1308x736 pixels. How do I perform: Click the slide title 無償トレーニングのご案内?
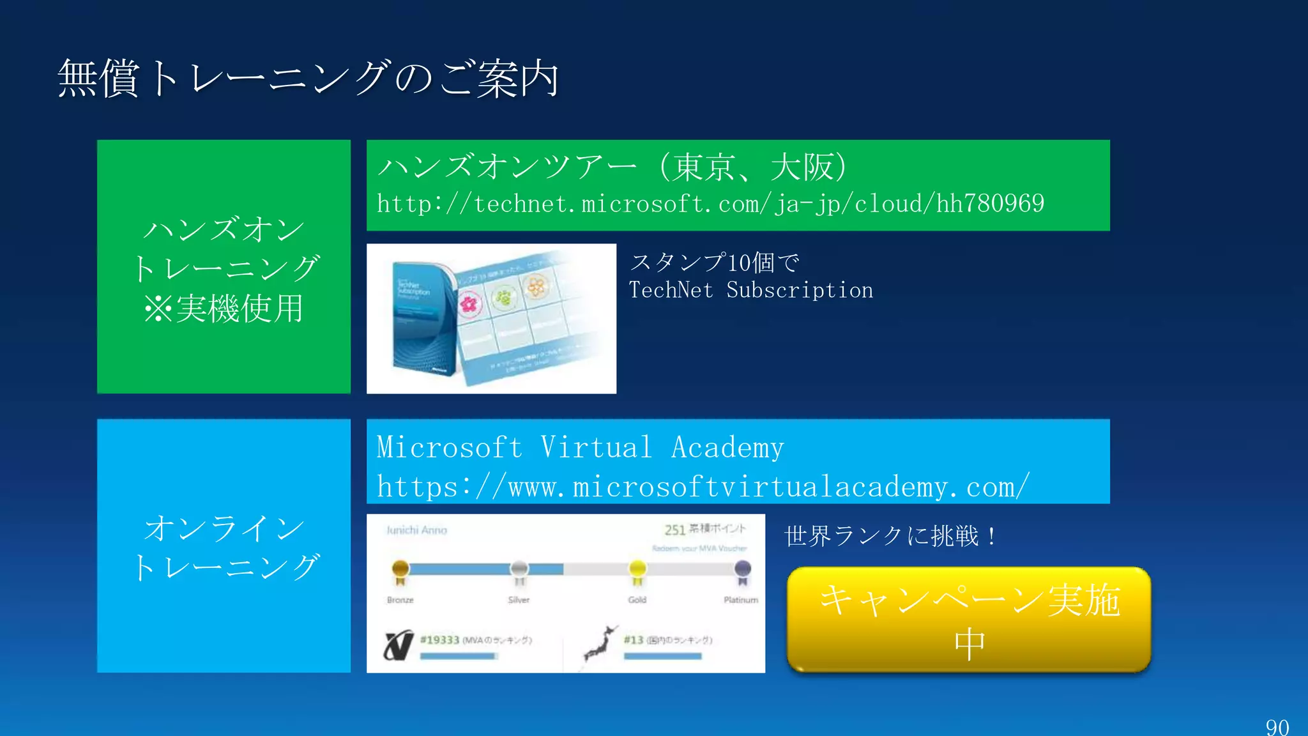point(308,79)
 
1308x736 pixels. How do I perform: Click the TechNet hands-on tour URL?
point(710,204)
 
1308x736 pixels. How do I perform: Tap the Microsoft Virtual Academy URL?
point(703,487)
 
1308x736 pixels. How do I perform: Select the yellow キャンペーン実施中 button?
point(969,620)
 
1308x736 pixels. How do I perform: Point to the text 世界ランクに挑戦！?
point(890,535)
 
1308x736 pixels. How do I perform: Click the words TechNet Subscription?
point(750,290)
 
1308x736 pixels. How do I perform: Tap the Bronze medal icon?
point(400,571)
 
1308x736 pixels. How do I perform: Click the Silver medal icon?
point(519,571)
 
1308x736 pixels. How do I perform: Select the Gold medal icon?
point(637,571)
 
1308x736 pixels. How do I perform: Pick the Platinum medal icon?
point(742,571)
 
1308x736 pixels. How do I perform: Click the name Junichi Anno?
point(416,530)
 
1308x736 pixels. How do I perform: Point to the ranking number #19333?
point(440,640)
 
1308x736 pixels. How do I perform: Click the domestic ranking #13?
point(634,640)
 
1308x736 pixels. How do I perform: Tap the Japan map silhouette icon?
point(600,645)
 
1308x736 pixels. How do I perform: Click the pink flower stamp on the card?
point(469,303)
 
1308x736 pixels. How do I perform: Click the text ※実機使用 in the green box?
point(224,309)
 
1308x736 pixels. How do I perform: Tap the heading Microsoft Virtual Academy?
point(580,447)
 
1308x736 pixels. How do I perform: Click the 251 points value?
point(674,530)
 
